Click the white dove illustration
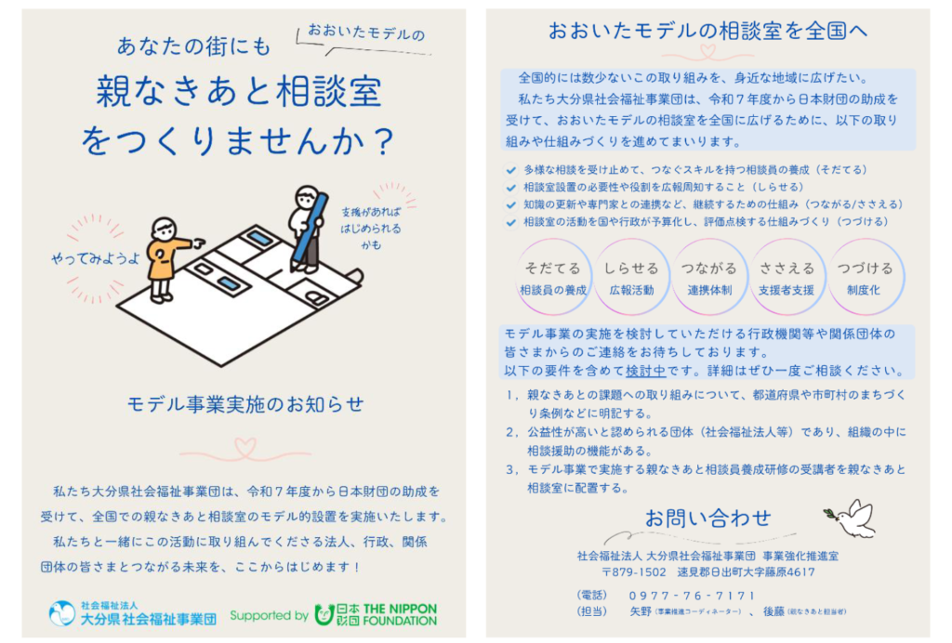tap(853, 518)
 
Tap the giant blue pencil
tap(310, 230)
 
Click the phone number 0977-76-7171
tap(692, 596)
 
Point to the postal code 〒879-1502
tap(634, 572)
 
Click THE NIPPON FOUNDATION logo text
tap(400, 614)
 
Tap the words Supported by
tap(269, 616)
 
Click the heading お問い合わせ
tap(707, 518)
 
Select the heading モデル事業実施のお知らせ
tap(245, 404)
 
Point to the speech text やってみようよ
tap(96, 258)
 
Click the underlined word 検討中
tap(645, 371)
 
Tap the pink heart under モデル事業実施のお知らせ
tap(245, 448)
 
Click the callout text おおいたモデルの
tap(366, 33)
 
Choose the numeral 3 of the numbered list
tap(510, 469)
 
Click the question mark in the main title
tap(384, 140)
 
